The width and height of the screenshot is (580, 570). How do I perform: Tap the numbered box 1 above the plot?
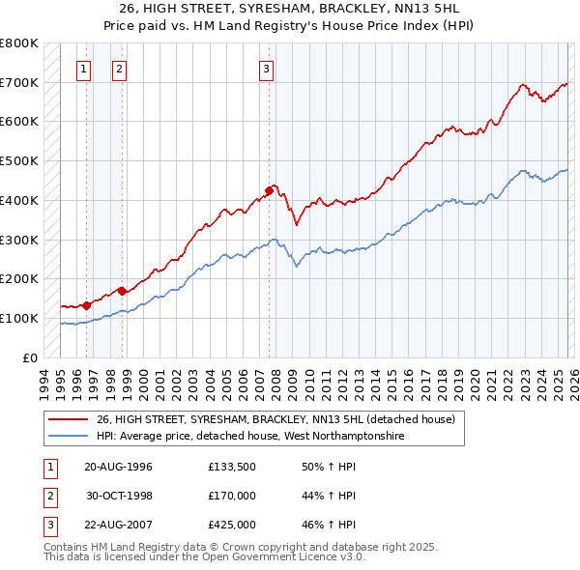[x=85, y=69]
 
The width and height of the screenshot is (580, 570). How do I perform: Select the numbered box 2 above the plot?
[x=119, y=69]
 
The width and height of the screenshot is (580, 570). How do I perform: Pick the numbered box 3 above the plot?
[x=266, y=69]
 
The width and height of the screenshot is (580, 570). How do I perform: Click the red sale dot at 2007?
[x=269, y=190]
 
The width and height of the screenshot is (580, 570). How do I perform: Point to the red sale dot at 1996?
[x=87, y=304]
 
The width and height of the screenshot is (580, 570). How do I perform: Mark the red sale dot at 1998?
[x=123, y=290]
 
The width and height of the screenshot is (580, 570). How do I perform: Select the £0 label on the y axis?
[x=30, y=357]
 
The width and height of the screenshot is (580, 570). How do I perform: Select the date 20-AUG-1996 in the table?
[x=119, y=467]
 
